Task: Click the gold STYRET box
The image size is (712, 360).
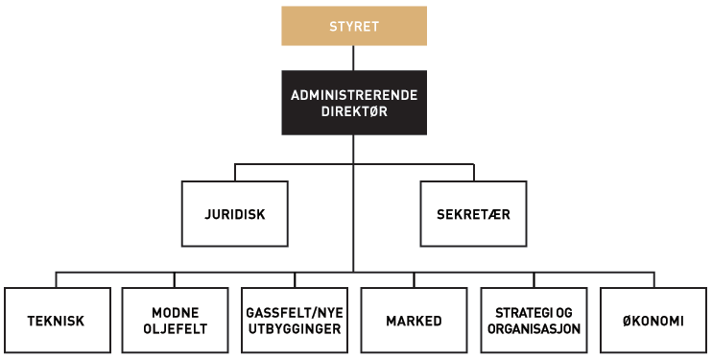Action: pyautogui.click(x=354, y=26)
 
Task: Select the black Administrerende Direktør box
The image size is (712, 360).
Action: pyautogui.click(x=354, y=102)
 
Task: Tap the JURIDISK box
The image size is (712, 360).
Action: pyautogui.click(x=234, y=213)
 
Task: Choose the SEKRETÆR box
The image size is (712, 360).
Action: pyautogui.click(x=473, y=213)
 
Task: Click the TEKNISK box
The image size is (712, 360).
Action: pyautogui.click(x=56, y=321)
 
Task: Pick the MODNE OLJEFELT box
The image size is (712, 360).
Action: pyautogui.click(x=175, y=321)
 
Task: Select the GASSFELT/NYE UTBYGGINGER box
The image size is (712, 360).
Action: pyautogui.click(x=294, y=321)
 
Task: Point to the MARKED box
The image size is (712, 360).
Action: pyautogui.click(x=414, y=321)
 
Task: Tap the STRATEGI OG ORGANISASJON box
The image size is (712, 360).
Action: pyautogui.click(x=534, y=321)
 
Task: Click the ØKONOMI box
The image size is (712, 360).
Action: pyautogui.click(x=653, y=321)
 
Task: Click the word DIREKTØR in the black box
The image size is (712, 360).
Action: pyautogui.click(x=354, y=110)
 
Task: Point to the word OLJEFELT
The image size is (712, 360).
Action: pyautogui.click(x=175, y=328)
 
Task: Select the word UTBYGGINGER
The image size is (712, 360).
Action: pyautogui.click(x=294, y=328)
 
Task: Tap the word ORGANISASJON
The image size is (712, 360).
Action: pyautogui.click(x=534, y=328)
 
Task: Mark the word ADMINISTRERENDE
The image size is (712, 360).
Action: pyautogui.click(x=354, y=94)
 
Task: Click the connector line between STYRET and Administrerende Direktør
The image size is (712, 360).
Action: pyautogui.click(x=354, y=58)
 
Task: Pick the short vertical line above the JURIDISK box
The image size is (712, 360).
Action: pyautogui.click(x=235, y=172)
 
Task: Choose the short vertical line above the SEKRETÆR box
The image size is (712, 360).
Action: pyautogui.click(x=474, y=172)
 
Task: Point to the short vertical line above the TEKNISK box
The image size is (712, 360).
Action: pyautogui.click(x=56, y=279)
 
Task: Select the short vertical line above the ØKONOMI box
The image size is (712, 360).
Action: pyautogui.click(x=653, y=279)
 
